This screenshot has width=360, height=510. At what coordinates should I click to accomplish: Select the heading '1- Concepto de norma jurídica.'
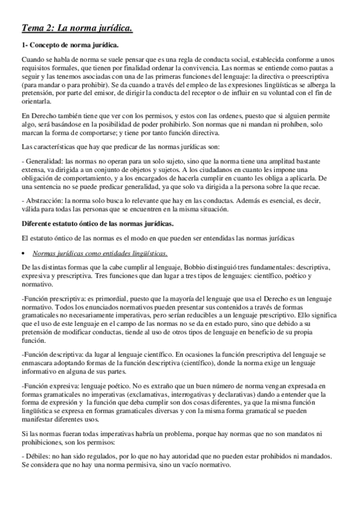[70, 46]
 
